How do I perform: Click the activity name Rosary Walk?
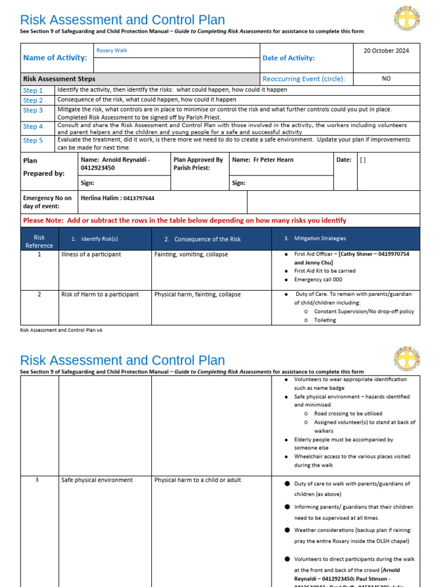coord(112,50)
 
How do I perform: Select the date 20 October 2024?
coord(386,50)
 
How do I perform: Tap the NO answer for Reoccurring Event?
coord(386,79)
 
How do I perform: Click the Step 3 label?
coord(33,110)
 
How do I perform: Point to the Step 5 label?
coord(33,140)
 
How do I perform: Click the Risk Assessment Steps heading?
coord(59,79)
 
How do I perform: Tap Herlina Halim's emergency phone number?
coord(139,198)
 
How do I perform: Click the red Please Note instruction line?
coord(184,220)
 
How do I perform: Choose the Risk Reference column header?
coord(39,241)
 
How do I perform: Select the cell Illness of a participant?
coord(91,255)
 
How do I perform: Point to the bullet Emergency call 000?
coord(318,280)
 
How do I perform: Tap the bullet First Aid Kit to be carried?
coord(324,271)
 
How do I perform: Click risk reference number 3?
coord(37,480)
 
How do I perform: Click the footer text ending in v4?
coord(61,330)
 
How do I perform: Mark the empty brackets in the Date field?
coord(363,161)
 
